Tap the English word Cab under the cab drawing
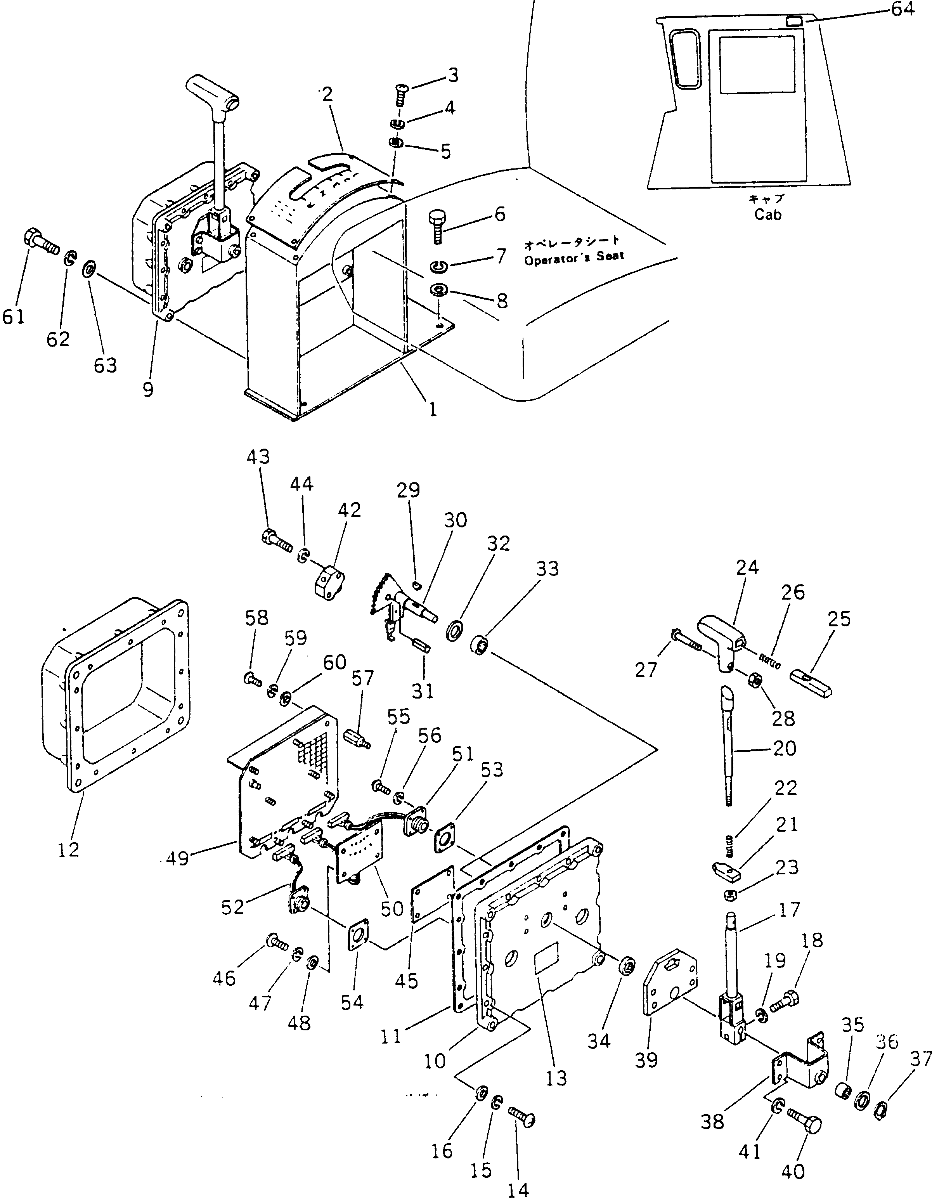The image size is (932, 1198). [x=767, y=215]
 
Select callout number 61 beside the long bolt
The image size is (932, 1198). [x=13, y=317]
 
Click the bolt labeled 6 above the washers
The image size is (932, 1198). [x=438, y=226]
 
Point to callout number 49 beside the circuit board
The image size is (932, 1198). [x=177, y=858]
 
